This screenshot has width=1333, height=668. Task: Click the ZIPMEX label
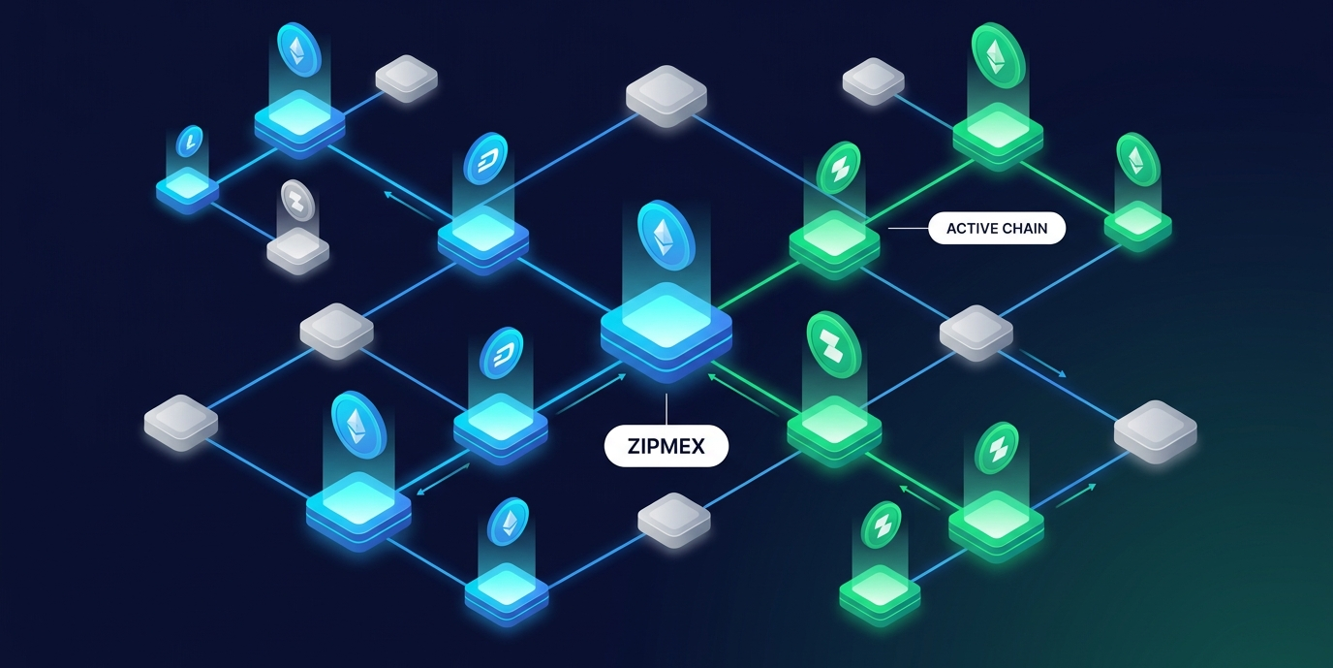tap(666, 446)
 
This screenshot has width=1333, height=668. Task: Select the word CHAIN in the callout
tap(1029, 229)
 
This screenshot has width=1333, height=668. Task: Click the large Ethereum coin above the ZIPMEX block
tap(666, 235)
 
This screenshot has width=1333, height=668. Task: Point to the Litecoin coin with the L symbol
tap(190, 142)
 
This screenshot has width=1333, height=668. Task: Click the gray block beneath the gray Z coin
tap(297, 250)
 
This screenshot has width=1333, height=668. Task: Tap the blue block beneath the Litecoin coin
tap(188, 186)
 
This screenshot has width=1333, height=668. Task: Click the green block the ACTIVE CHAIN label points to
tap(834, 239)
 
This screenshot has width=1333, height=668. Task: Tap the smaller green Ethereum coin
tap(1136, 158)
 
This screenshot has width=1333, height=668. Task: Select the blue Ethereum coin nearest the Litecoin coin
tap(298, 46)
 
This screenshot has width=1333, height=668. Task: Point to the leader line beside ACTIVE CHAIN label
tap(907, 229)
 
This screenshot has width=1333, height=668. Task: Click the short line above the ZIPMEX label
tap(666, 407)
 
